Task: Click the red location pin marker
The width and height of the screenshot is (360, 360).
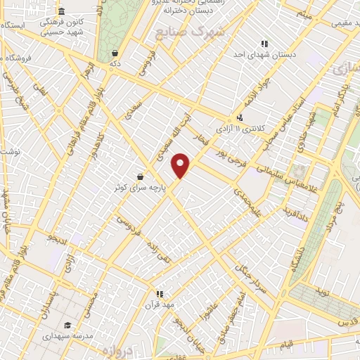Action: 181,165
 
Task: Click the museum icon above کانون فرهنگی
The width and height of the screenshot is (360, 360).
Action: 62,11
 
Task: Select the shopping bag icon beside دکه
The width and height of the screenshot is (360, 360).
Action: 115,53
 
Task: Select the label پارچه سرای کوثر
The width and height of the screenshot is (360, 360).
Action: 140,188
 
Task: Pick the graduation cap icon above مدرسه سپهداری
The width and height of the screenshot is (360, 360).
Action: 67,325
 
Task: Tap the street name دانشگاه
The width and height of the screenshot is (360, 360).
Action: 298,254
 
